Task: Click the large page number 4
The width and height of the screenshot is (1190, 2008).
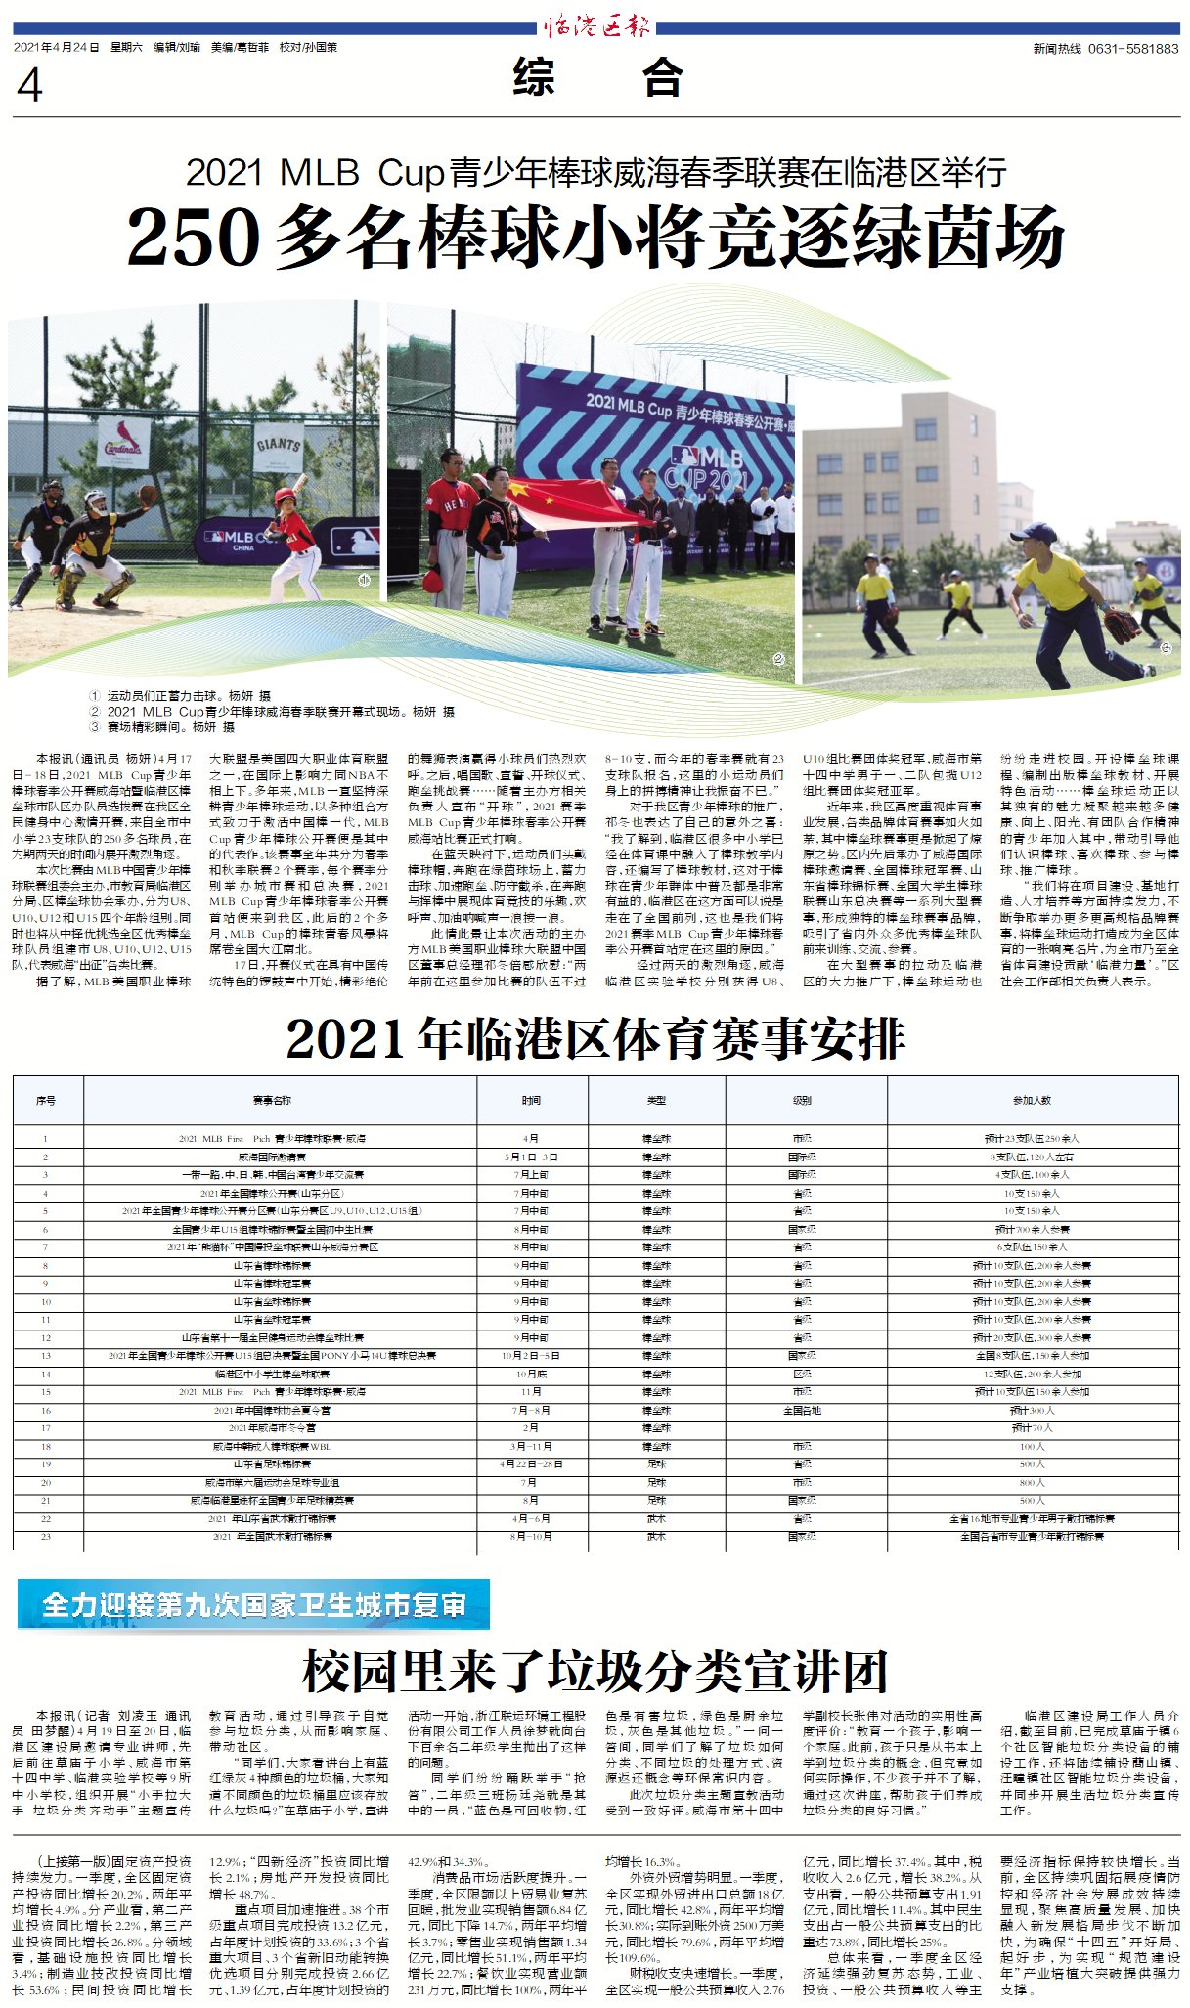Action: pos(29,86)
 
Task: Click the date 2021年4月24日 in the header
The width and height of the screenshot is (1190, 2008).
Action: pos(57,47)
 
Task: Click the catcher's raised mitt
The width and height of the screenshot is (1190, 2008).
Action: pos(148,494)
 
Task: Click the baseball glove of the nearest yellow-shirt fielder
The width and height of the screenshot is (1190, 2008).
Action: pos(1122,625)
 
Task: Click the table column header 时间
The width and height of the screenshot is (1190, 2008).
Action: pos(531,1101)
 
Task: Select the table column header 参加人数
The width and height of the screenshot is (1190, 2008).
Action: pos(1032,1101)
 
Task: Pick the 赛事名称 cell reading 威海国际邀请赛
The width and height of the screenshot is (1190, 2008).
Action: pos(272,1157)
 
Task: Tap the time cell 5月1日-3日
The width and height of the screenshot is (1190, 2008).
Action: pos(531,1157)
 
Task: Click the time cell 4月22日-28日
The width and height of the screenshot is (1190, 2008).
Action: pos(531,1464)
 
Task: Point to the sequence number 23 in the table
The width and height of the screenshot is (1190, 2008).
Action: pos(46,1537)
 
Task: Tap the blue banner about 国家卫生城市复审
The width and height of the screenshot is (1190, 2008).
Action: pos(253,1605)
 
